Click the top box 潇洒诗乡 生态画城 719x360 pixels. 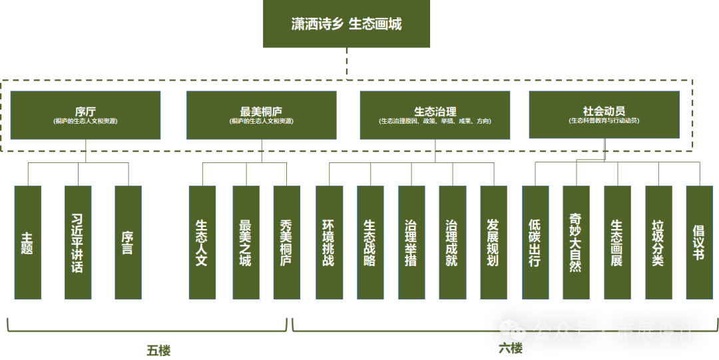point(346,24)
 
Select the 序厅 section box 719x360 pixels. point(85,115)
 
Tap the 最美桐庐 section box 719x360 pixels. point(262,115)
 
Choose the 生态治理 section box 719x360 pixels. point(435,115)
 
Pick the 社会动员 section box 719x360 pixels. point(604,115)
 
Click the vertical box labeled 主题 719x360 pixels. point(27,242)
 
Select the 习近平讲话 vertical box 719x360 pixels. point(78,242)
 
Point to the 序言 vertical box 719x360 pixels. point(128,242)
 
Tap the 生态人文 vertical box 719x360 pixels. point(202,242)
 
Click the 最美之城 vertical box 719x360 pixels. point(246,242)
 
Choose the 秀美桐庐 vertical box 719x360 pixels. point(286,242)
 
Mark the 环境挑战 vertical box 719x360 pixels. point(329,242)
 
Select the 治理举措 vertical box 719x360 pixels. point(411,242)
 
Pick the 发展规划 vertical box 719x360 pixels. point(493,242)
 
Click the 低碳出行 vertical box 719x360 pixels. point(535,242)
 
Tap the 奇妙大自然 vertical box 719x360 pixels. point(576,242)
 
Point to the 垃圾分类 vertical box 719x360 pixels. point(658,242)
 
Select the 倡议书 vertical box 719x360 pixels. point(699,242)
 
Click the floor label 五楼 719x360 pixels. point(158,350)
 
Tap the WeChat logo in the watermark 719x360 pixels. point(513,329)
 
